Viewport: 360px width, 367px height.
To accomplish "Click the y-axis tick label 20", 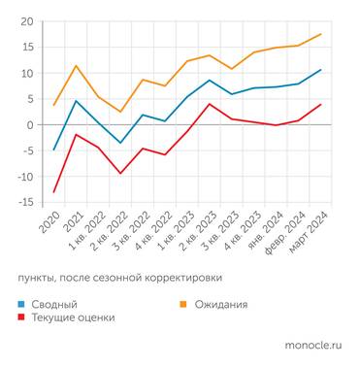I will point(26,21).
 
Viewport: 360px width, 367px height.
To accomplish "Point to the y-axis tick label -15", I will point(24,201).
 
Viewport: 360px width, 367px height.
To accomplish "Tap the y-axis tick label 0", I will point(30,124).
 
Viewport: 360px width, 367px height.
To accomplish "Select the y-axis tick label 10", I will point(26,73).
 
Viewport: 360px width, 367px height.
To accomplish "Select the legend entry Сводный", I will point(51,304).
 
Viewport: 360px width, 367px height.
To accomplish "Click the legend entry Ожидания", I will point(219,304).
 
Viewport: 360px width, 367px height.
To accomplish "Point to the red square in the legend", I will point(22,317).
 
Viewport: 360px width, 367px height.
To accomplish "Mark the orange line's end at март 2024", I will point(320,34).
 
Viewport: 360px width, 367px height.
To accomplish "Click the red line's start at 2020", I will point(54,191).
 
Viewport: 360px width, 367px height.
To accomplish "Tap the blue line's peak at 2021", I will point(76,101).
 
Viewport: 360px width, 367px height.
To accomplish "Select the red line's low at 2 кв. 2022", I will point(120,173).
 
